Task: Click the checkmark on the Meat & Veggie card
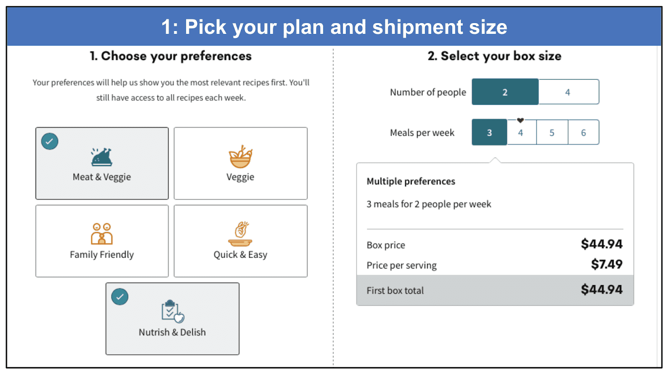pyautogui.click(x=50, y=141)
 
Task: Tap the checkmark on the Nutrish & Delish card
pyautogui.click(x=120, y=297)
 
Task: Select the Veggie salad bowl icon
pyautogui.click(x=240, y=157)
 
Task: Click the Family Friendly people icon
pyautogui.click(x=102, y=234)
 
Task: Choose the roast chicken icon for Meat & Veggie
pyautogui.click(x=102, y=157)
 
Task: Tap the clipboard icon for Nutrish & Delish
pyautogui.click(x=173, y=311)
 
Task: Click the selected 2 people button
pyautogui.click(x=505, y=92)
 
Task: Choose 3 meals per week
pyautogui.click(x=490, y=132)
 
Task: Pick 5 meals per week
pyautogui.click(x=552, y=132)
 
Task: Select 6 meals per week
pyautogui.click(x=584, y=132)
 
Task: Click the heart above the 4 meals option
pyautogui.click(x=521, y=120)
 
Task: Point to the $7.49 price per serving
pyautogui.click(x=607, y=264)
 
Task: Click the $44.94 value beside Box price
pyautogui.click(x=602, y=244)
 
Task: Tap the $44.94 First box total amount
pyautogui.click(x=602, y=289)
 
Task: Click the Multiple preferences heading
pyautogui.click(x=411, y=181)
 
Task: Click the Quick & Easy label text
pyautogui.click(x=240, y=255)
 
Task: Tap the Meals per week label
pyautogui.click(x=422, y=132)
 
